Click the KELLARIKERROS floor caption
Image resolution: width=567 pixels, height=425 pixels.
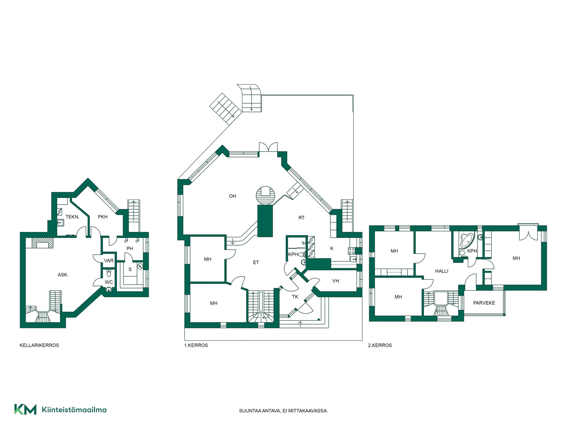pos(39,345)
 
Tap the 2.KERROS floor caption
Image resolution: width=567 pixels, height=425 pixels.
pos(380,345)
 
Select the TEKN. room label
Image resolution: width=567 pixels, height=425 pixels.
pos(72,217)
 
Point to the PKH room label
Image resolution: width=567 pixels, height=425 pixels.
pos(103,217)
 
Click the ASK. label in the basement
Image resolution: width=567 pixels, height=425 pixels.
pos(63,275)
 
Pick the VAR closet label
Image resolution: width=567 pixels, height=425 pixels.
pos(109,261)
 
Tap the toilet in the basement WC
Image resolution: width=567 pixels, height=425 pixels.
pos(109,273)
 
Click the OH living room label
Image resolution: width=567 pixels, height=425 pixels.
pos(232,196)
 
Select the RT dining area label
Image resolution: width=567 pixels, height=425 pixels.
pos(301,218)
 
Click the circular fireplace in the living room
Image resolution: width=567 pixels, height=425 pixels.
pos(265,195)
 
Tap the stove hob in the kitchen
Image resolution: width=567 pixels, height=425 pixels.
pos(351,251)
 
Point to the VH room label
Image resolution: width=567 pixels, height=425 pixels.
pos(335,281)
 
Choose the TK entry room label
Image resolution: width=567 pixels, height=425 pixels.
pos(295,297)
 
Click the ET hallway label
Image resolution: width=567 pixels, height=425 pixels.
pos(256,262)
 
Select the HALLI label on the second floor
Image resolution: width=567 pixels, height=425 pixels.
pos(441,271)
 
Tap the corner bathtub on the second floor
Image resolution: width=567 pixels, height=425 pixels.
pos(467,240)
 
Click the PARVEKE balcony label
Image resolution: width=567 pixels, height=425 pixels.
pos(484,303)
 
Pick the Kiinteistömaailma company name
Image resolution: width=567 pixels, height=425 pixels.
pos(74,410)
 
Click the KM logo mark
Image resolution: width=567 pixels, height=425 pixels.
pos(25,409)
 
